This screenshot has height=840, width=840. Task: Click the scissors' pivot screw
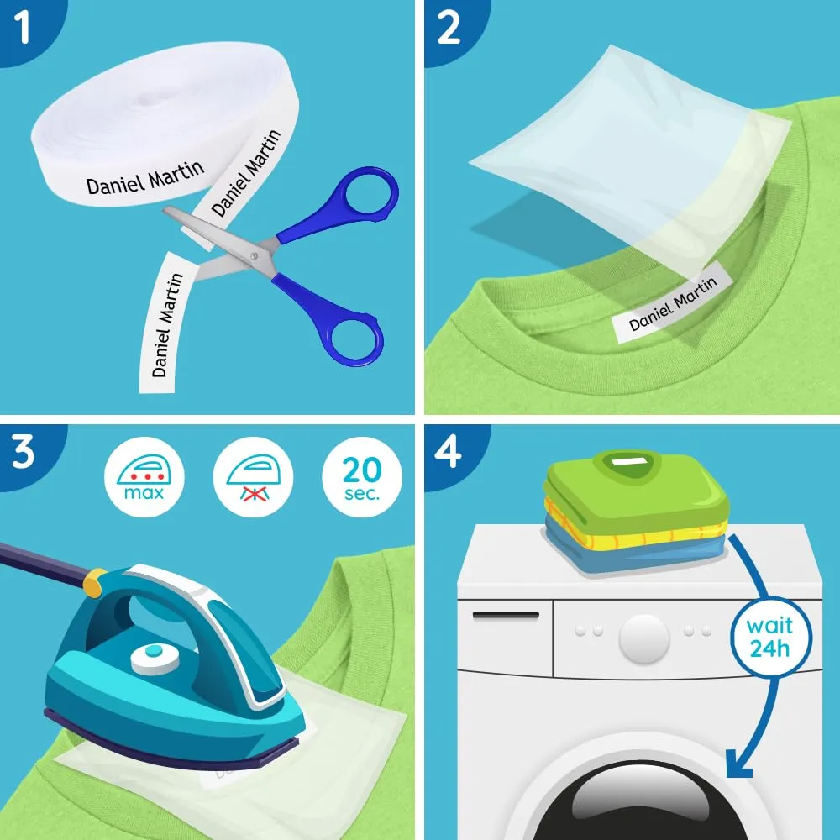point(254,255)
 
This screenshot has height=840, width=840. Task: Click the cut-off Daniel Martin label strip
point(162,323)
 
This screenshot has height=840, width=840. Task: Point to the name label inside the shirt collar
point(672,302)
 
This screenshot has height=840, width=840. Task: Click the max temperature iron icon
point(144,477)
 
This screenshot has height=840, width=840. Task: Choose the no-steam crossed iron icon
point(254,477)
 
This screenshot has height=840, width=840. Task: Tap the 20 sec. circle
point(362,477)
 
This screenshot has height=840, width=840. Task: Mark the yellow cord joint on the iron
point(94,582)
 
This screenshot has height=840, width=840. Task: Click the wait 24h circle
point(770,638)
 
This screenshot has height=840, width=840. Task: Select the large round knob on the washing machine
point(644,638)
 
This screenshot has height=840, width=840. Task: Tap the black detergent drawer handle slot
point(506,615)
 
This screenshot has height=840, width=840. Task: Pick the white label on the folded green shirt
point(626,461)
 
